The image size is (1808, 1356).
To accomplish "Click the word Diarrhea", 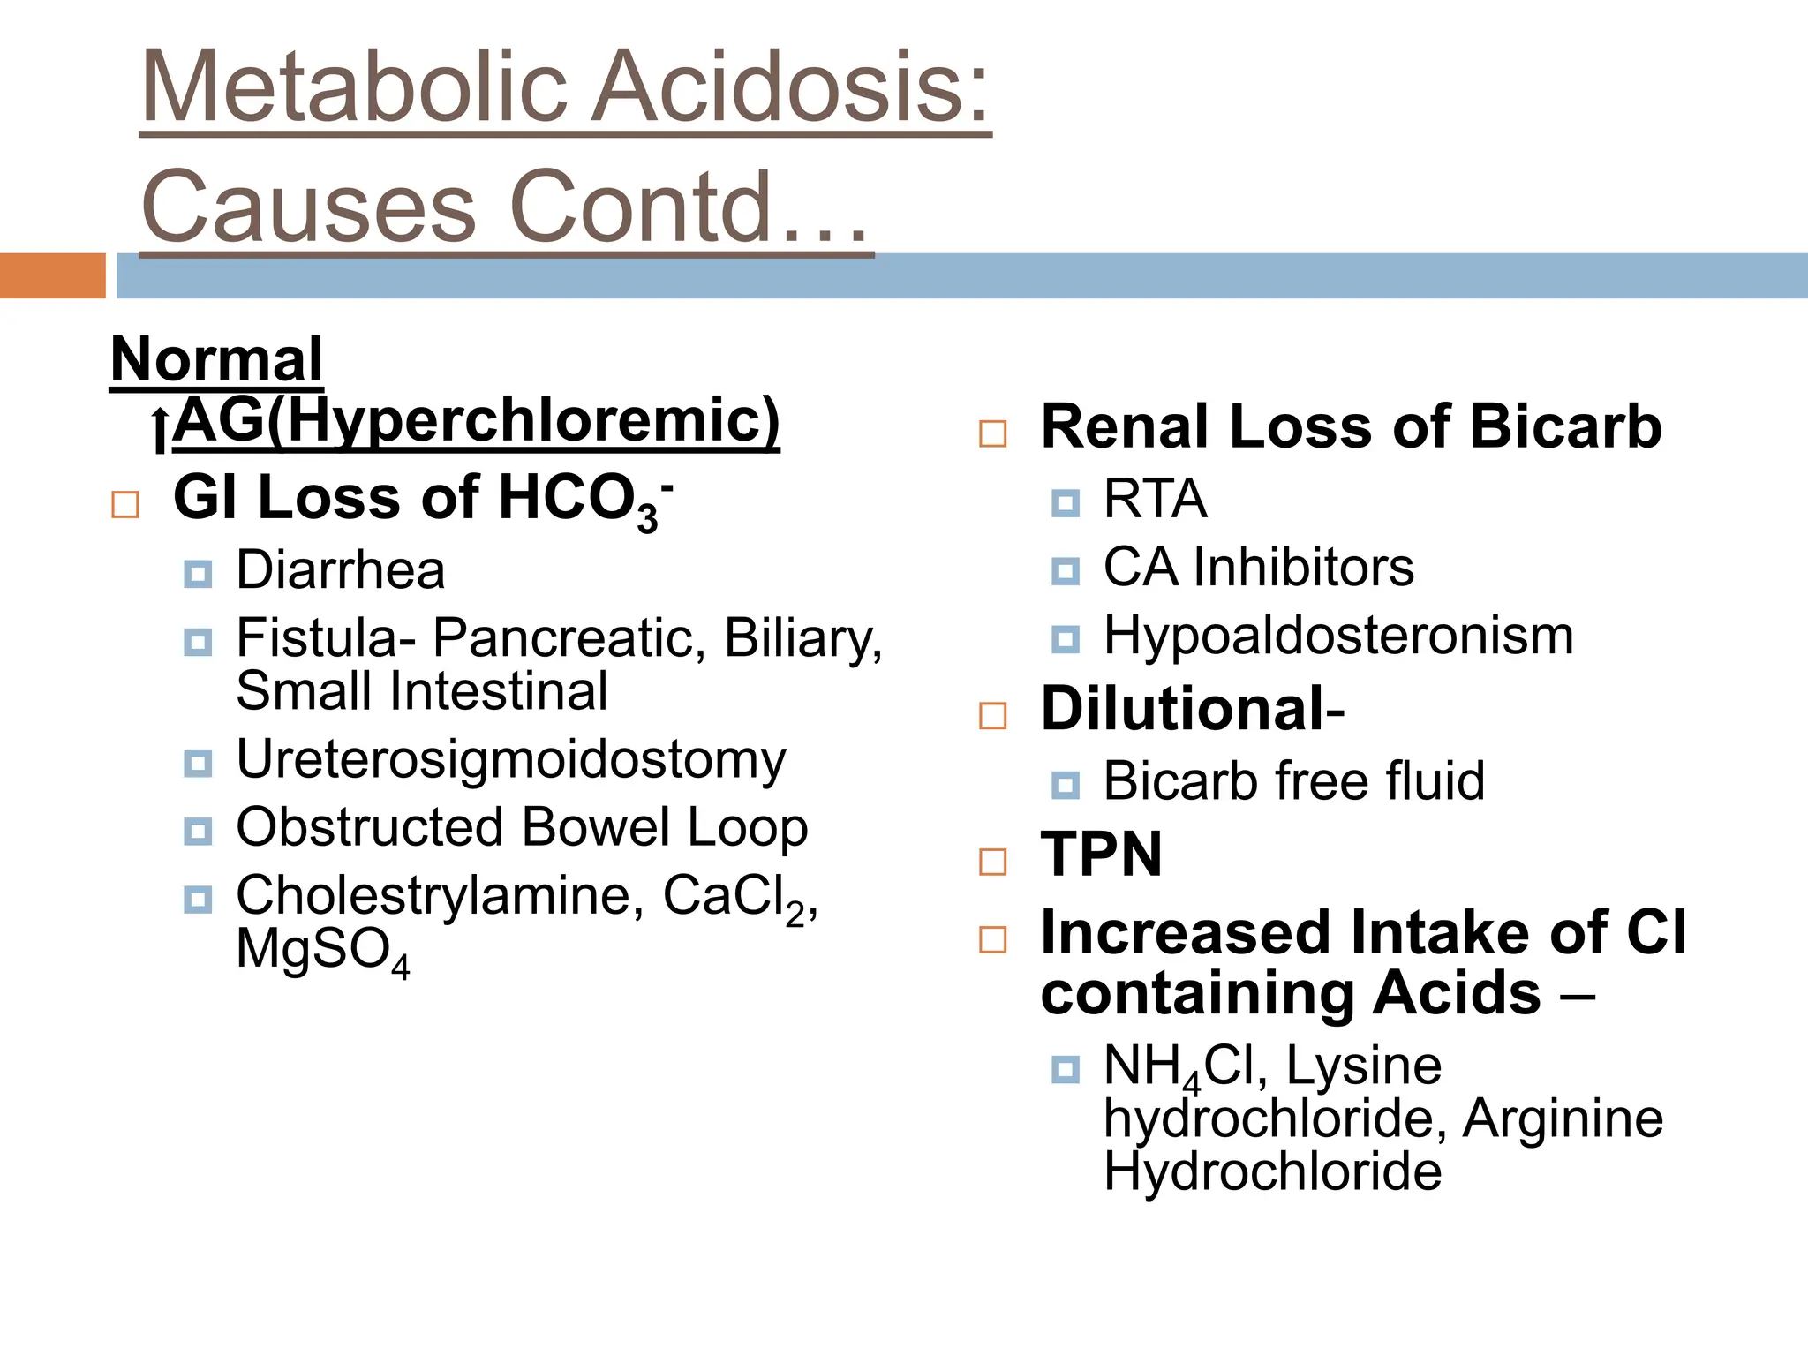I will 340,570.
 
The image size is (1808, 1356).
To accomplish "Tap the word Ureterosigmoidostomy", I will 510,760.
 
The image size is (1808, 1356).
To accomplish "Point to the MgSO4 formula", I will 322,953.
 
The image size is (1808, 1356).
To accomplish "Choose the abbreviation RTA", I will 1155,500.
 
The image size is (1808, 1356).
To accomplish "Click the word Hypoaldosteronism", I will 1337,636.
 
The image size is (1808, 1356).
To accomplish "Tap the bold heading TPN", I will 1101,855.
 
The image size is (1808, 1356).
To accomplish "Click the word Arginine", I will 1563,1119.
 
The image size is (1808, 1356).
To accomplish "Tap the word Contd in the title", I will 642,207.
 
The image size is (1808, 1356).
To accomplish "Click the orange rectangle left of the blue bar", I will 52,275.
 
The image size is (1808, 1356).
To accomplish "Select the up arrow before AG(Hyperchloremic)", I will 159,430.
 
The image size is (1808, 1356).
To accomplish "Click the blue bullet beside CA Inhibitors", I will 1066,571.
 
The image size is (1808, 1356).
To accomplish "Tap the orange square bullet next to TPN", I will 993,861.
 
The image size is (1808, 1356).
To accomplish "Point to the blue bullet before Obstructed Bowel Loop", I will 198,831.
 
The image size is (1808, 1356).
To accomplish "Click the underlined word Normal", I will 216,360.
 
